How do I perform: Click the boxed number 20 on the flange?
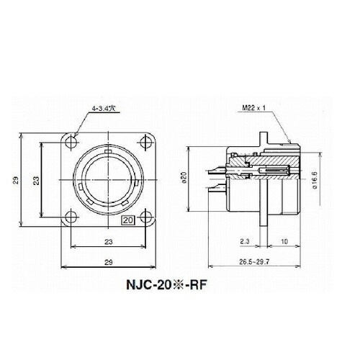tap(128, 221)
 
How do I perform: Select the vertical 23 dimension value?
tap(36, 179)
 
